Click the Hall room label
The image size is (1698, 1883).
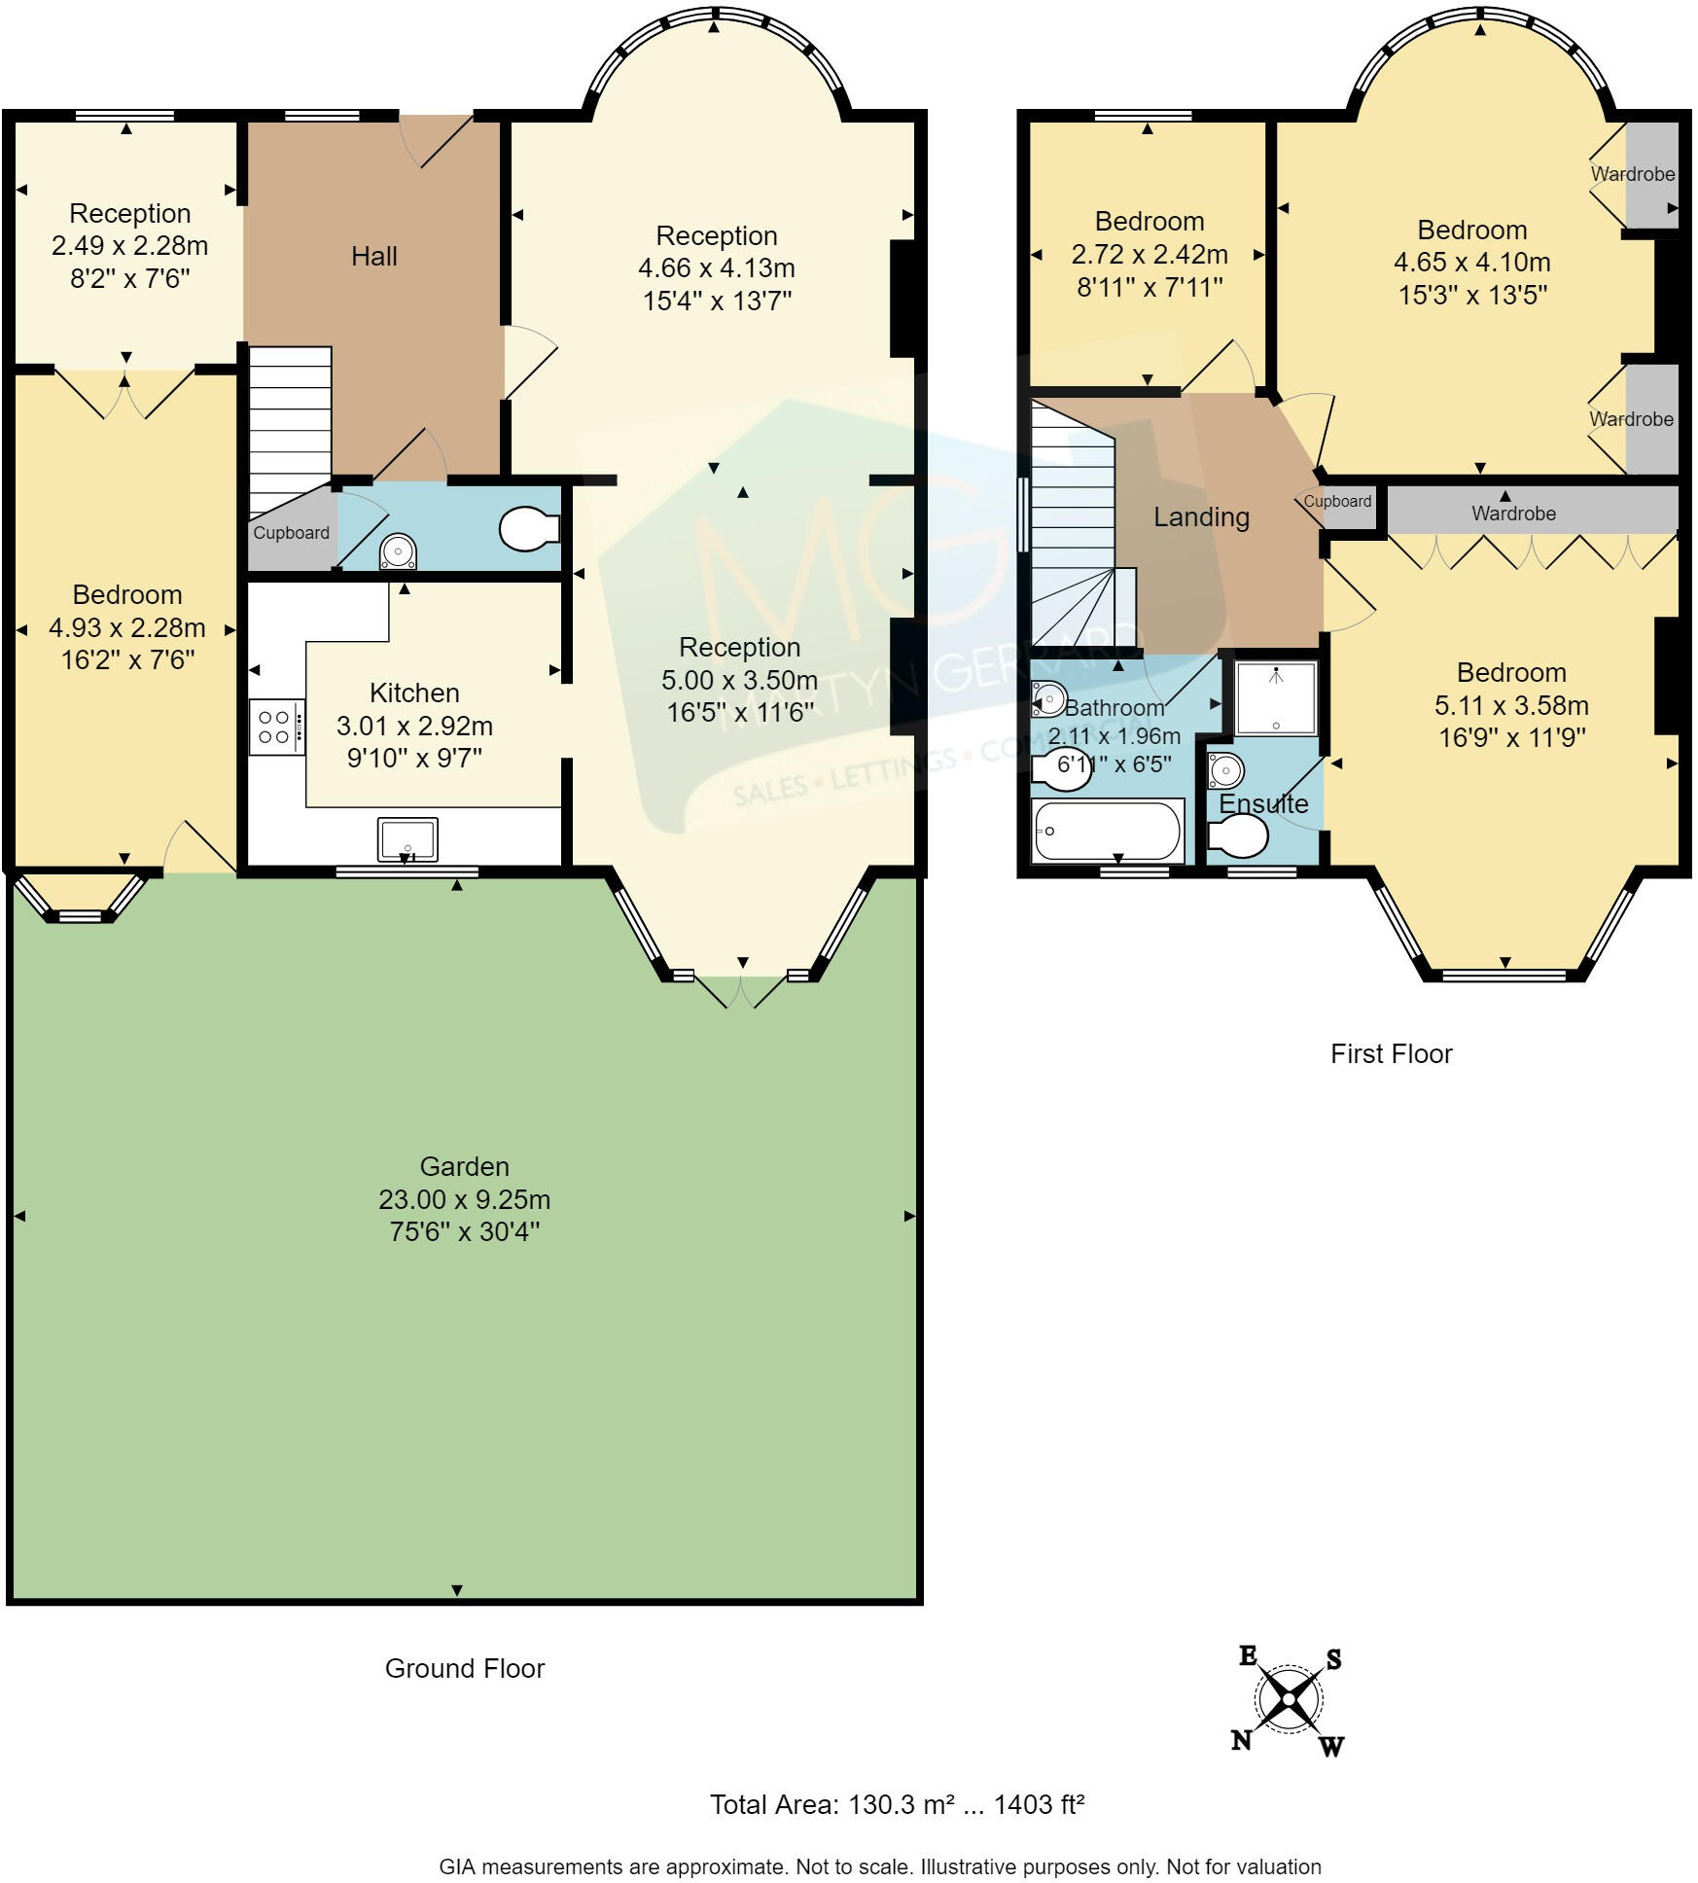click(x=373, y=257)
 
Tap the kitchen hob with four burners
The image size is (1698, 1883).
click(x=276, y=728)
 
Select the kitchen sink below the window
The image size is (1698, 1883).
click(x=407, y=838)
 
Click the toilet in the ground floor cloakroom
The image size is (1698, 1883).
click(x=528, y=528)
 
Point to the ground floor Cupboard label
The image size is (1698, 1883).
click(x=291, y=533)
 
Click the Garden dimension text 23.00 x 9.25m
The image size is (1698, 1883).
click(x=464, y=1199)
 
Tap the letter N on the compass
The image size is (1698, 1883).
click(x=1241, y=1740)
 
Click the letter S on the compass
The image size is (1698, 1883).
click(x=1333, y=1659)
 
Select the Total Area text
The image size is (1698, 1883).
click(x=897, y=1805)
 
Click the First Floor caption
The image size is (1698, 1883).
click(x=1391, y=1054)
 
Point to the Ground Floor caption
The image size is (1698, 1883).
click(x=464, y=1669)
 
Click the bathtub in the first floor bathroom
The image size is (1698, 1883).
click(x=1108, y=832)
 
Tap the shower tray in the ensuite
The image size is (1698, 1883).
click(x=1276, y=698)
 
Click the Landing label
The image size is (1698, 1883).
click(x=1201, y=517)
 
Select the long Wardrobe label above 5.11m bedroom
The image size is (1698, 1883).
click(x=1512, y=514)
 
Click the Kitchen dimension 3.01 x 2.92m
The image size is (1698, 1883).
click(x=414, y=727)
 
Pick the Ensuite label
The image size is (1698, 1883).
click(x=1263, y=804)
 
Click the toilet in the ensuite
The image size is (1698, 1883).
click(x=1239, y=835)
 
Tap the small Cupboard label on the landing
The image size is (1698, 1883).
click(x=1337, y=502)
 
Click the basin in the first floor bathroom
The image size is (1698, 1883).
click(x=1048, y=698)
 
